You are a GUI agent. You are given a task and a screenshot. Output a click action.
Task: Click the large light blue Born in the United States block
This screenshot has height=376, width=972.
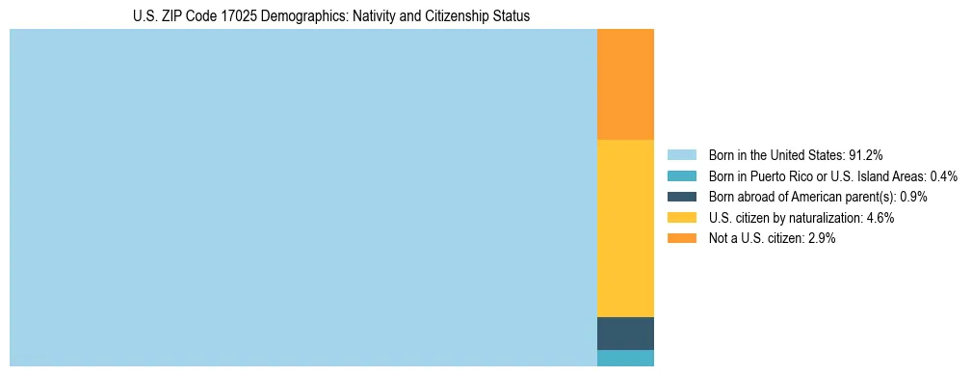[x=303, y=198]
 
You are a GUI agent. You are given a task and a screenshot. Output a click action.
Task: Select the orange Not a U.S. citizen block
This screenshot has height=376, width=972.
[x=625, y=85]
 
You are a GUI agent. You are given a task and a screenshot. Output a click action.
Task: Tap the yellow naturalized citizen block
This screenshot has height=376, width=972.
[x=625, y=228]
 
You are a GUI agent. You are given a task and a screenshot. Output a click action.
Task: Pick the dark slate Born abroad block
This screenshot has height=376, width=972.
[x=625, y=334]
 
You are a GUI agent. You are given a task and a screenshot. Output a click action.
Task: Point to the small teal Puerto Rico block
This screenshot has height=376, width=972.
[x=625, y=358]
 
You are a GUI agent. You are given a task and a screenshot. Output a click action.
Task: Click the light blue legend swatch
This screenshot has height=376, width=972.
[x=681, y=154]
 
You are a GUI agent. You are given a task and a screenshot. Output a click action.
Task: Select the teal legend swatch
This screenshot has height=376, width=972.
[x=681, y=175]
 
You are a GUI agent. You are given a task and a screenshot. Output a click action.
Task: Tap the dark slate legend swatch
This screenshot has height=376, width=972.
[x=681, y=197]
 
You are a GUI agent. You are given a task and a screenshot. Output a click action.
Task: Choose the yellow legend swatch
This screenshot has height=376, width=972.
[x=681, y=218]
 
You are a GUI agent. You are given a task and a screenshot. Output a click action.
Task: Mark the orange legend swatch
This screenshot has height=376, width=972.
[x=681, y=239]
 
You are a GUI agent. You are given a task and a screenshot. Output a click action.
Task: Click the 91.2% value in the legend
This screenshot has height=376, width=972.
[x=866, y=154]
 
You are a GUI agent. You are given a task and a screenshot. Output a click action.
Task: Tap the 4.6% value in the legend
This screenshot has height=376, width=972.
[x=880, y=218]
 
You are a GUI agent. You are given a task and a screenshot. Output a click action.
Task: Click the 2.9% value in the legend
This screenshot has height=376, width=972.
[x=822, y=239]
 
